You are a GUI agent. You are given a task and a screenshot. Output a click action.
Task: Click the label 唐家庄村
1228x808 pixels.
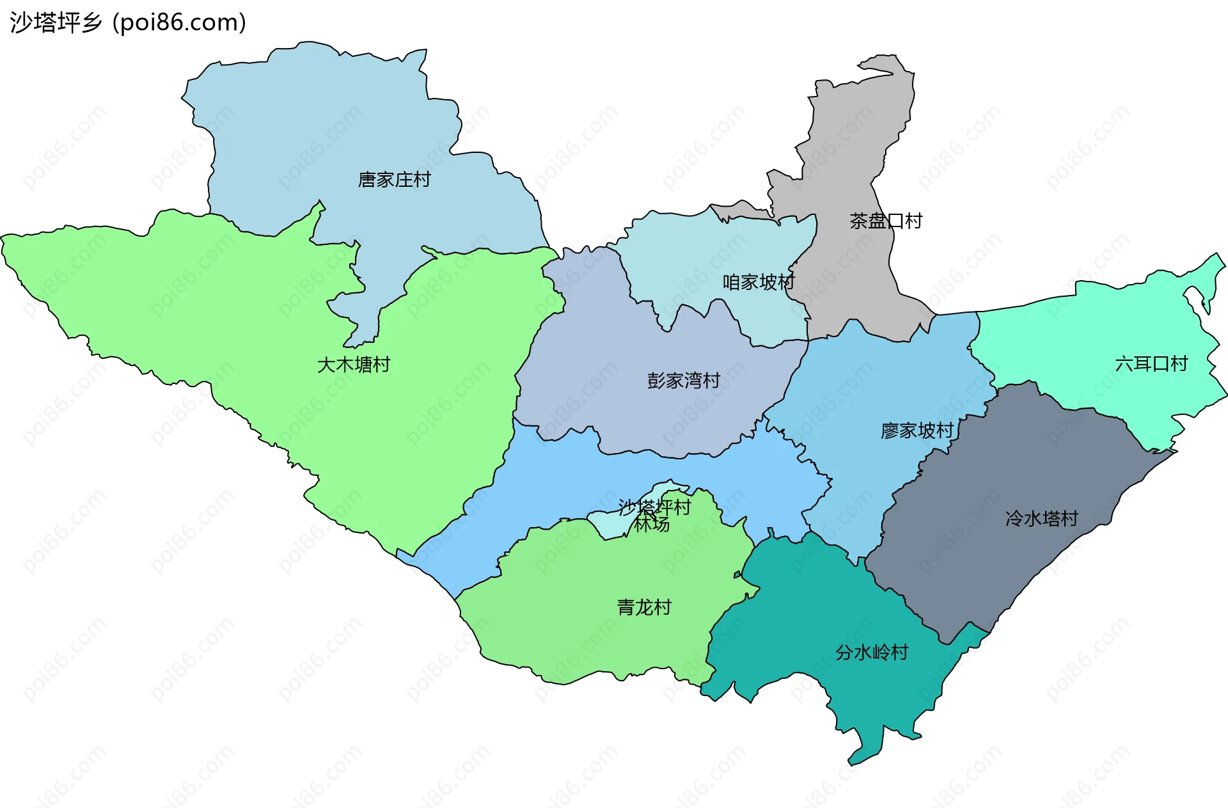tap(394, 180)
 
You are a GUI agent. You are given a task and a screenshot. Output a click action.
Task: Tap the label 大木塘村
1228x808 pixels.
tap(354, 365)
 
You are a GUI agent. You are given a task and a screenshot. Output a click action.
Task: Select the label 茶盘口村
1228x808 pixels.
tap(885, 221)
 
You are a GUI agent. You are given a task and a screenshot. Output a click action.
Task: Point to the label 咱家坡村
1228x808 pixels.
tap(758, 282)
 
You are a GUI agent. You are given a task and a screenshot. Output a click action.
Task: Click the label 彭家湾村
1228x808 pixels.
tap(683, 381)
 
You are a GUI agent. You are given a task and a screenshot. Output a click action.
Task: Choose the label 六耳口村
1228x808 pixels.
tap(1151, 364)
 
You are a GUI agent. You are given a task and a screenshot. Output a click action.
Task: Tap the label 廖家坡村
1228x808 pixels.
tap(917, 431)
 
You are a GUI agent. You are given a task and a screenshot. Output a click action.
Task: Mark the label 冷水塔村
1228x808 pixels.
tap(1042, 518)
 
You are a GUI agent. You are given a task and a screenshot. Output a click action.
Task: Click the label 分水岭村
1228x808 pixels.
tap(872, 653)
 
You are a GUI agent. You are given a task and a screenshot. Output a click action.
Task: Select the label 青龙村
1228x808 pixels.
tap(644, 607)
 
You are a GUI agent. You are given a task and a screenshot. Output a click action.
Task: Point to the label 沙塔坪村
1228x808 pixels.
tap(654, 507)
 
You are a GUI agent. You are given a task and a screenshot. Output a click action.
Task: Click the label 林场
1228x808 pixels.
tap(652, 525)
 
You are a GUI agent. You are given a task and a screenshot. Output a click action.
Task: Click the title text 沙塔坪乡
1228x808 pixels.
tap(56, 23)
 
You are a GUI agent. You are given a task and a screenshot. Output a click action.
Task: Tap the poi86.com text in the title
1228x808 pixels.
tap(180, 23)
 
